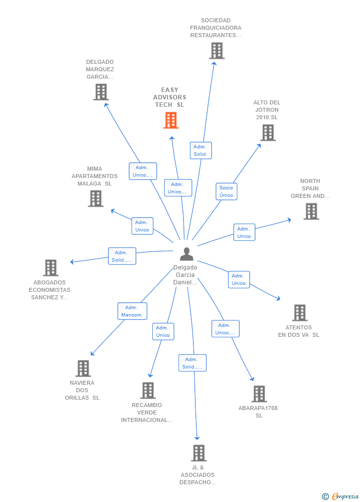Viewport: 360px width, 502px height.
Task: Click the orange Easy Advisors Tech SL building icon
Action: coord(171,120)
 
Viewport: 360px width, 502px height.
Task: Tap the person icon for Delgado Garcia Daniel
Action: coord(186,254)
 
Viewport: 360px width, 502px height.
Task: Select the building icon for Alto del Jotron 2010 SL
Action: coord(268,133)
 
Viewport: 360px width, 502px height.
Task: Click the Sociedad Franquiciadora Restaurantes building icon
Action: coord(217,50)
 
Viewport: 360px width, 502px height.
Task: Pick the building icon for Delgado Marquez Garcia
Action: coord(101,92)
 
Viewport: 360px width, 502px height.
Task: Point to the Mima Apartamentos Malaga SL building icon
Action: coord(95,198)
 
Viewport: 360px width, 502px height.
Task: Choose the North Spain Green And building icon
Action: coord(311,211)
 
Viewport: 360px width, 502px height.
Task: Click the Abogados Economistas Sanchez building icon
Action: coord(50,268)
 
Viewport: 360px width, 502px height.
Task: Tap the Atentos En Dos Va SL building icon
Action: coord(300,313)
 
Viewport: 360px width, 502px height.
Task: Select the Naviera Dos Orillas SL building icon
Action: coord(83,368)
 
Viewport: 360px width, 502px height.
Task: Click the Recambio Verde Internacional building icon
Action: coord(148,390)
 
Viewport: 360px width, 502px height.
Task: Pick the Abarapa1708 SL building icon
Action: coord(259,394)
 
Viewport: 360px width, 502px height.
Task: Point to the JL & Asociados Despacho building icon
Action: coord(198,453)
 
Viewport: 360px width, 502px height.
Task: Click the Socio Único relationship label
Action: coord(226,191)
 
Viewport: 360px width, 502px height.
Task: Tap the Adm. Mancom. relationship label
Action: coord(133,311)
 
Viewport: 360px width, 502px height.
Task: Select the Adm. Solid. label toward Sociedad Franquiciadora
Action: coord(200,150)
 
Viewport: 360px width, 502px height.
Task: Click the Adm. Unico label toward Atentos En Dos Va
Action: coord(238,279)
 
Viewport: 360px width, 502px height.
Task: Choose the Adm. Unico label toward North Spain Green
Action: coord(244,232)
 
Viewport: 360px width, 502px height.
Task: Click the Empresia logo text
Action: coord(345,496)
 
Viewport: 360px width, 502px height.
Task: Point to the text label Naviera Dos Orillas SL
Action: coord(82,390)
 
